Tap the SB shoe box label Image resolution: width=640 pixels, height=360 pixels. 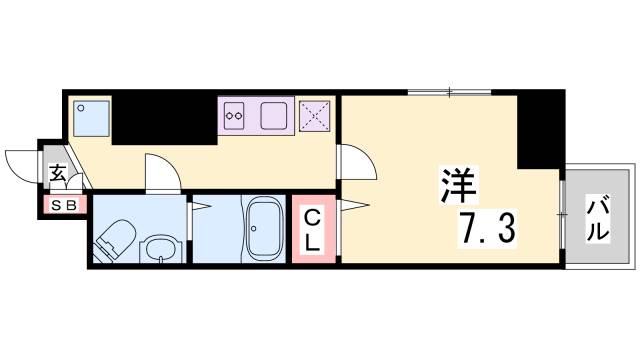[x=63, y=206]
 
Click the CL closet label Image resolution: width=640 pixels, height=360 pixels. [x=312, y=230]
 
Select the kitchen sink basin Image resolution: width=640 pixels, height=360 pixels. [x=275, y=116]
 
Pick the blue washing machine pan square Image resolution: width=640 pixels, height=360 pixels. [x=91, y=119]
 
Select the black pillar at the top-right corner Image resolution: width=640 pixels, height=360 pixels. [x=540, y=127]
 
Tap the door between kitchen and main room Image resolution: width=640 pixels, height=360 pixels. [x=355, y=160]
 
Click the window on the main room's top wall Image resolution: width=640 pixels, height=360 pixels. [x=450, y=93]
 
